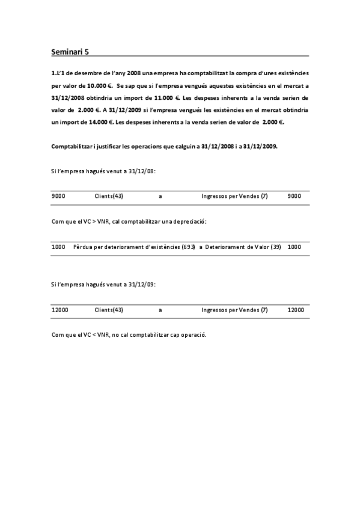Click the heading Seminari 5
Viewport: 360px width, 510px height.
click(69, 52)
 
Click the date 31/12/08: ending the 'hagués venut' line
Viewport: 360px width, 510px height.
click(142, 171)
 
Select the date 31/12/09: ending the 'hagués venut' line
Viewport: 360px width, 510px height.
click(142, 285)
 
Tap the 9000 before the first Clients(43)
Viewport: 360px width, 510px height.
click(59, 196)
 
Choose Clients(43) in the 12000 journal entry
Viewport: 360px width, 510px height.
click(109, 310)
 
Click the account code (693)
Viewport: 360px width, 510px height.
click(188, 247)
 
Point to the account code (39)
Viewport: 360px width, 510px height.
click(276, 247)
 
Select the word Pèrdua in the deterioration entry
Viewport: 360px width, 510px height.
click(83, 247)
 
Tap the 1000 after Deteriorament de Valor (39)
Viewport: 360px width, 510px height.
click(294, 247)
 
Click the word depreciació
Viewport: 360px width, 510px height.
click(189, 221)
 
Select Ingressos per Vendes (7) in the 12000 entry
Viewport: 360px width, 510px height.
click(234, 310)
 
